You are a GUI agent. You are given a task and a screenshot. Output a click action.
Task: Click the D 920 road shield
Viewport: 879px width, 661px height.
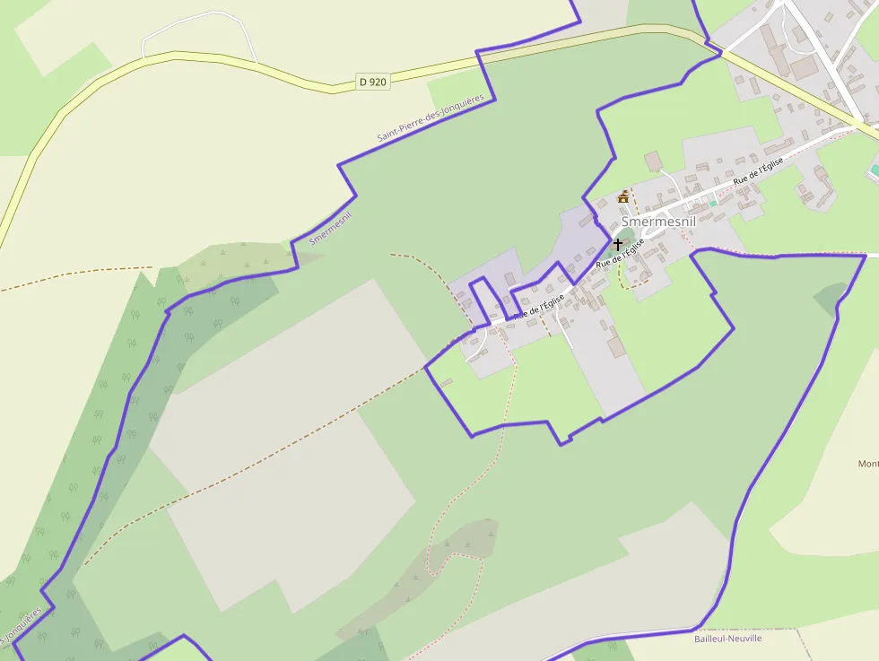[x=372, y=82]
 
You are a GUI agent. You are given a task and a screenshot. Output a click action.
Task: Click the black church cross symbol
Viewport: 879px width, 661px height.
[x=617, y=243]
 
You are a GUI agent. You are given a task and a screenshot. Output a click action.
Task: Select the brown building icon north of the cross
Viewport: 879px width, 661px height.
[x=623, y=196]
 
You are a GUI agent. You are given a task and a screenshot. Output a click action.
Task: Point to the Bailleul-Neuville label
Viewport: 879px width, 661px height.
[x=727, y=639]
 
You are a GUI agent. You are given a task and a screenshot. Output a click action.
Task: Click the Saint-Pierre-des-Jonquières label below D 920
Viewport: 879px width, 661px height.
[x=431, y=118]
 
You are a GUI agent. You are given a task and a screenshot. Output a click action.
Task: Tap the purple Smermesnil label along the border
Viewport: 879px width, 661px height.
[x=330, y=229]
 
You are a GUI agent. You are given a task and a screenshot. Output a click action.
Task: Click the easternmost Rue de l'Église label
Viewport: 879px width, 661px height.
[x=758, y=171]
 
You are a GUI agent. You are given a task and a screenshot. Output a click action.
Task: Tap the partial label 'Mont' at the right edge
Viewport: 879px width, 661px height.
[x=867, y=464]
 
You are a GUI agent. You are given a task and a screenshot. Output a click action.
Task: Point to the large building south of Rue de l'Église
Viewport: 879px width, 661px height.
[x=616, y=344]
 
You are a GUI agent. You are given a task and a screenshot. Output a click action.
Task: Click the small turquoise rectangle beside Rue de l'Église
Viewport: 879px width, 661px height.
[x=713, y=204]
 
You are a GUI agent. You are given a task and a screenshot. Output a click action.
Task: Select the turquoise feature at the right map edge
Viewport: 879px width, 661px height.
[x=874, y=169]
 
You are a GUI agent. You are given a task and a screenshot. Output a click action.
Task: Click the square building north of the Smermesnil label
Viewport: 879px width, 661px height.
[x=653, y=161]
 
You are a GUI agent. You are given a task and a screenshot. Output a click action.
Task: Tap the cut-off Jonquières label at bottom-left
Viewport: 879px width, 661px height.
[x=22, y=626]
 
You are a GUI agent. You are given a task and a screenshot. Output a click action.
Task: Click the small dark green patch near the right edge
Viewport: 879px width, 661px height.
[x=831, y=294]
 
